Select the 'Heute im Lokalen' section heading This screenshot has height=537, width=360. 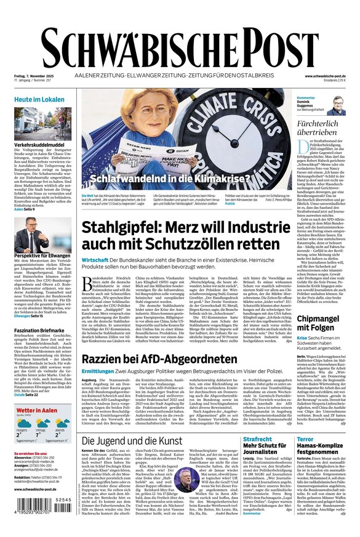40,99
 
